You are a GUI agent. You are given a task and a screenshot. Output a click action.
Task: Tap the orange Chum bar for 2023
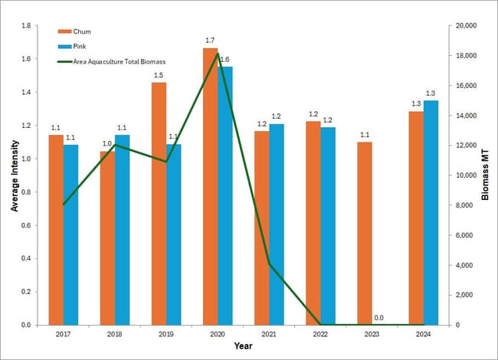[364, 233]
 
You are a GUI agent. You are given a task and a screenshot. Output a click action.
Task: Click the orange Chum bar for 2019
[159, 203]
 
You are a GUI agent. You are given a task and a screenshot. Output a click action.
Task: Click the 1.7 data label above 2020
[210, 40]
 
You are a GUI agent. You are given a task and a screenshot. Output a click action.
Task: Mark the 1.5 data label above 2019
[159, 75]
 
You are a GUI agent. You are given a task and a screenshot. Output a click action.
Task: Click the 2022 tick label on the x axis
[320, 333]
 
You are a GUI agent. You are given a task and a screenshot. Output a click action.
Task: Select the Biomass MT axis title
[485, 175]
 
